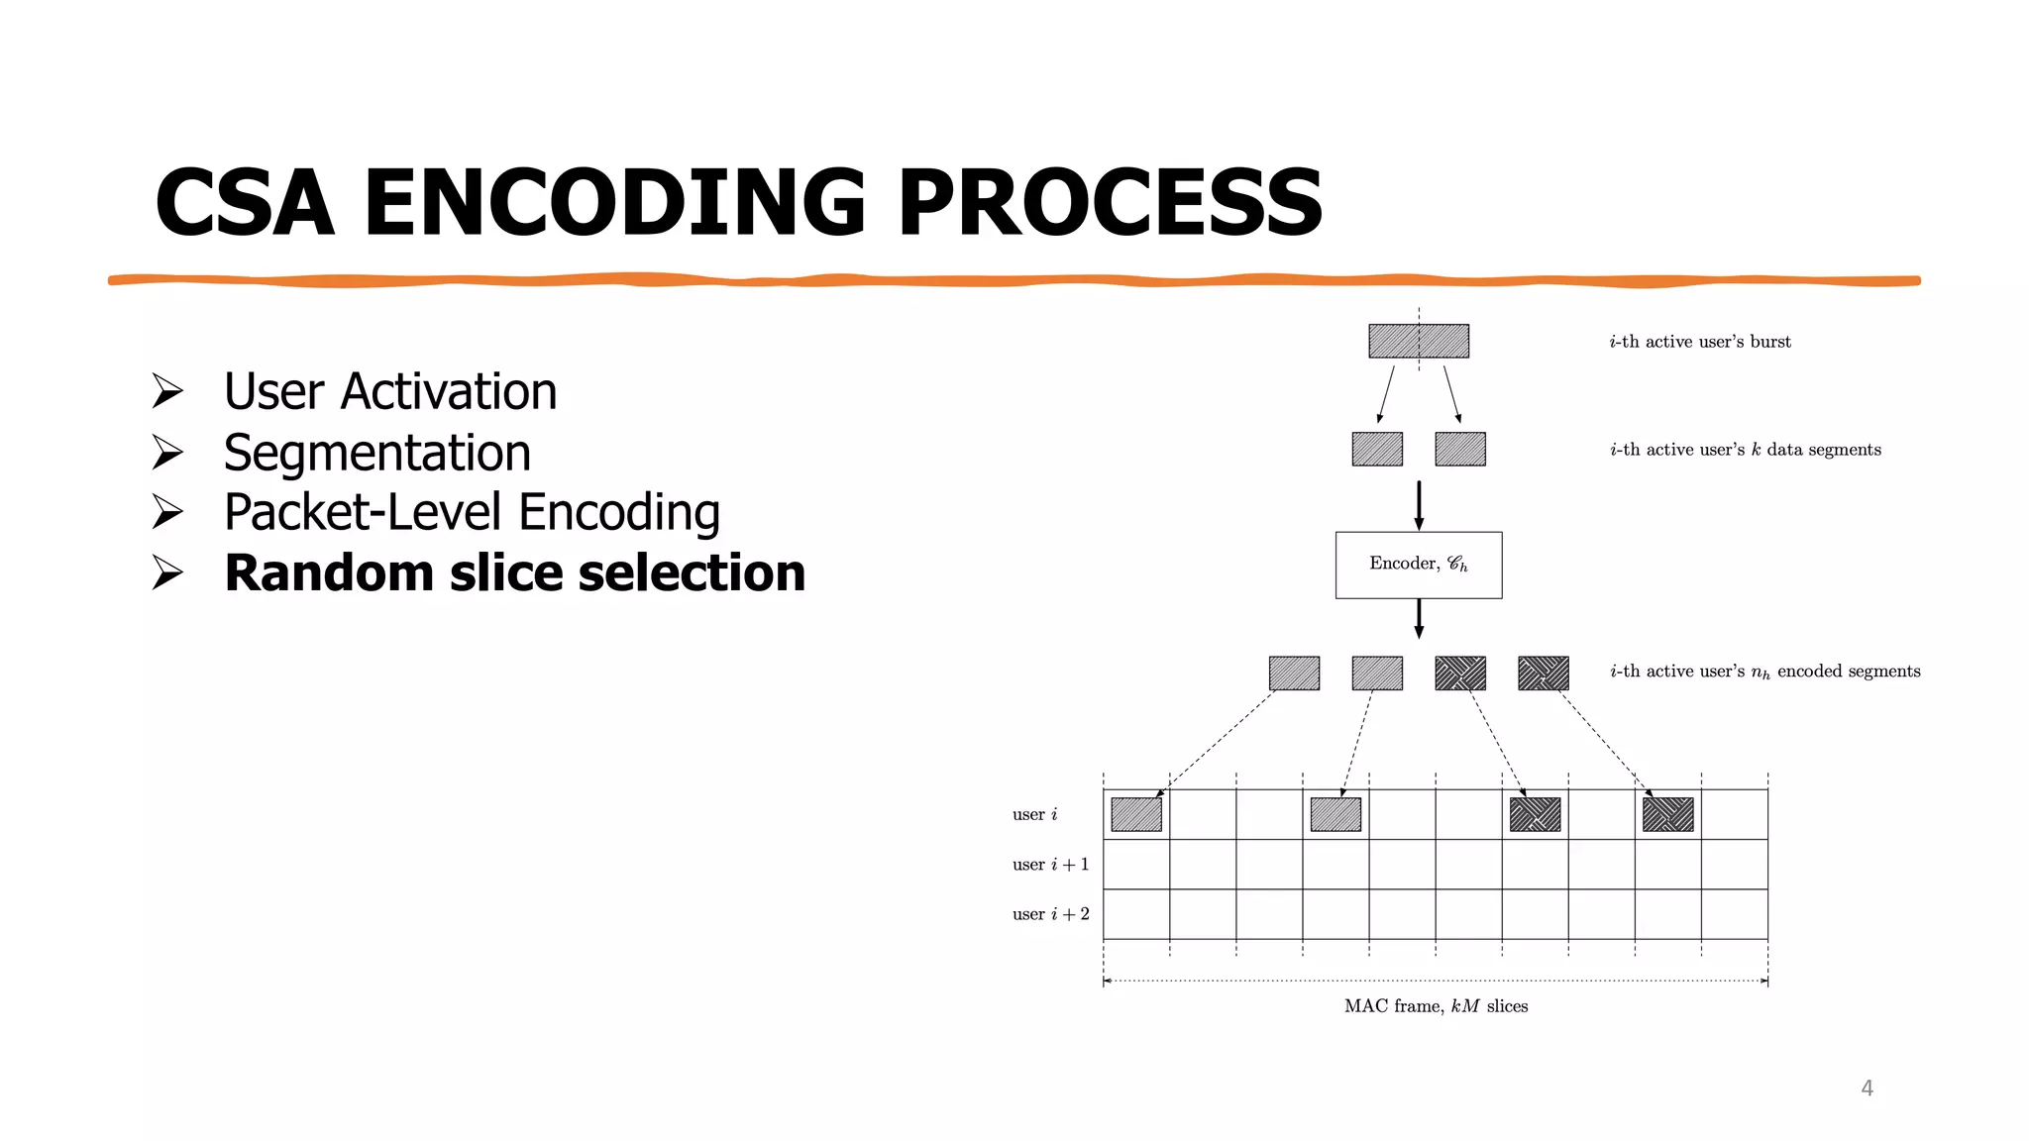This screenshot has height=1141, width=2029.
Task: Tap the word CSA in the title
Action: click(245, 203)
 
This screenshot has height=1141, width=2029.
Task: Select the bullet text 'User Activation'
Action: click(390, 391)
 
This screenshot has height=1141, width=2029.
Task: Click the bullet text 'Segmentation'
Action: click(377, 453)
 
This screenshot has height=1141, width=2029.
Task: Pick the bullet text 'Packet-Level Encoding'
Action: click(472, 512)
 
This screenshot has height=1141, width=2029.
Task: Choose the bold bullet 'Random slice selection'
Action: click(514, 573)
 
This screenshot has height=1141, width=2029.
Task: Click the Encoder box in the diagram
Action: click(1418, 565)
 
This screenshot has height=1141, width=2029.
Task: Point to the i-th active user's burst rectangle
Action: click(1418, 341)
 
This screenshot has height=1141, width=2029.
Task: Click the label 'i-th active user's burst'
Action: click(1699, 342)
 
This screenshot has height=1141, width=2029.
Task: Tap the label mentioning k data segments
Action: click(1745, 450)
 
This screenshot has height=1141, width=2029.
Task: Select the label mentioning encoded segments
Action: click(1764, 672)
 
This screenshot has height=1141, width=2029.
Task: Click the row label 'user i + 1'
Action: click(1050, 865)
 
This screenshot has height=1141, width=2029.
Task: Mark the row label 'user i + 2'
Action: click(1050, 914)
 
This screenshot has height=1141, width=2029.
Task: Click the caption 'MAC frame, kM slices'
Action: click(1436, 1006)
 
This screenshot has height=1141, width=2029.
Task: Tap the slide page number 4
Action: click(1867, 1088)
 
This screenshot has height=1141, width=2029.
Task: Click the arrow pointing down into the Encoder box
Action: click(1419, 505)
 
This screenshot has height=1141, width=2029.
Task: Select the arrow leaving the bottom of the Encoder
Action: click(1419, 618)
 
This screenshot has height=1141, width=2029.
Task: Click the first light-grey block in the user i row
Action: click(1136, 814)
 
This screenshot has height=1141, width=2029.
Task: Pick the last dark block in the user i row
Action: click(1667, 814)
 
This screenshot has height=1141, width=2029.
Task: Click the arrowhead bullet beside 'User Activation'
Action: click(167, 391)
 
